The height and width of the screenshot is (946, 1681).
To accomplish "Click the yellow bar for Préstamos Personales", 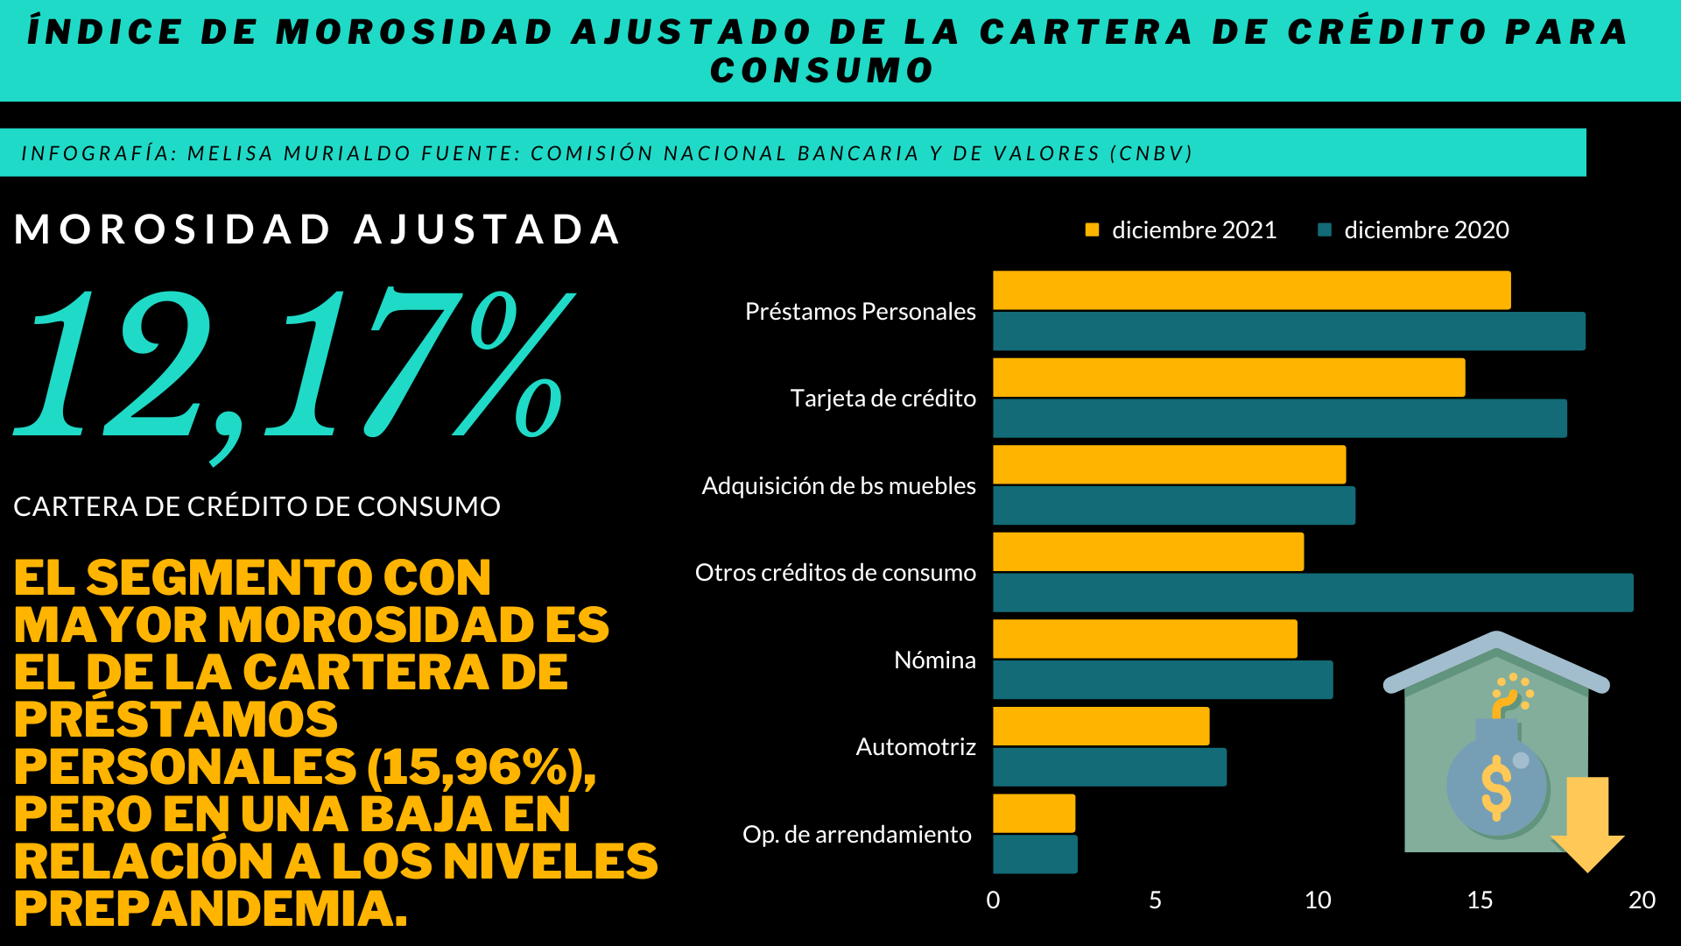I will [1252, 290].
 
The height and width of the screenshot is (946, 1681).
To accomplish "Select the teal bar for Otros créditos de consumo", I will [1313, 593].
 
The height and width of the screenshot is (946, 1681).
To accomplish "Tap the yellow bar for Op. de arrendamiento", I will [1034, 814].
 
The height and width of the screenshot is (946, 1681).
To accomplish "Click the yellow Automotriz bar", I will [1101, 726].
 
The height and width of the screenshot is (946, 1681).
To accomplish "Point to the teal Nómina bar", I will [1163, 680].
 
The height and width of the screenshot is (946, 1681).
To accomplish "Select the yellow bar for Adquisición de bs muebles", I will [1170, 464].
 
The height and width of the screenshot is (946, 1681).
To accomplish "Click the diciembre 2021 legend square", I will [1092, 229].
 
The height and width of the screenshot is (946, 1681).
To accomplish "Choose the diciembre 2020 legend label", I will [1426, 229].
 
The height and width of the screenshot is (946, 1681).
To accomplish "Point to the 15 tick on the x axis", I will [1480, 900].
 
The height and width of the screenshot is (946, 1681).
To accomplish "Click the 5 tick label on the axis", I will [1155, 900].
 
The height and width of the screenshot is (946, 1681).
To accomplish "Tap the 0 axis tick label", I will [993, 900].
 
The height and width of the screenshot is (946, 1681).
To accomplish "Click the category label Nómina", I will [934, 660].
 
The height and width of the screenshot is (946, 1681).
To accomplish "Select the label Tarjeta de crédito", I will [883, 399].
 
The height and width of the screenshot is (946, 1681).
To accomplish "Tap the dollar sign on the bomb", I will [1495, 787].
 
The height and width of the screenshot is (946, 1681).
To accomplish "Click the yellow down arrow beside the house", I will [1587, 823].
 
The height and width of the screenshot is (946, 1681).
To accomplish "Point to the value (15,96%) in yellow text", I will [480, 767].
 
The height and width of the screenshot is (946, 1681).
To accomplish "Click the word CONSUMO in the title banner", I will [822, 70].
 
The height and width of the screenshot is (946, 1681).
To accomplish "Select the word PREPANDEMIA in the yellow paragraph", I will [210, 908].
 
